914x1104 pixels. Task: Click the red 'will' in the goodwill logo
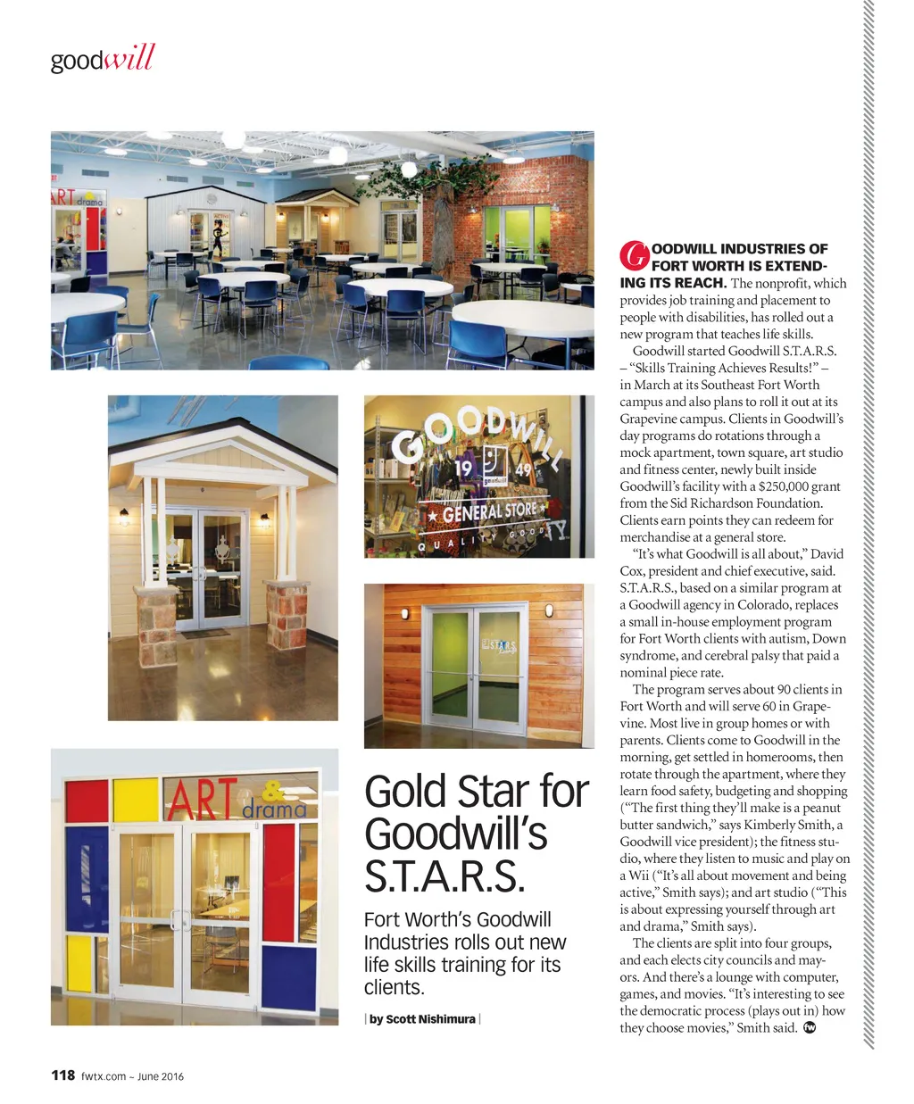tap(129, 59)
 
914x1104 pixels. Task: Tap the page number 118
tap(62, 1075)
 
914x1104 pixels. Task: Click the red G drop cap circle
tap(633, 255)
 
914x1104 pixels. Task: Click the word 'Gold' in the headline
tap(405, 792)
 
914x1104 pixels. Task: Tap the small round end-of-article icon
tap(810, 1028)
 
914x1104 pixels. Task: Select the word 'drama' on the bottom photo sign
tap(274, 810)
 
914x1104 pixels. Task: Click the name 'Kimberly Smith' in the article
tap(789, 825)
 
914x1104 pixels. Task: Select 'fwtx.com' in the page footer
tap(104, 1075)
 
